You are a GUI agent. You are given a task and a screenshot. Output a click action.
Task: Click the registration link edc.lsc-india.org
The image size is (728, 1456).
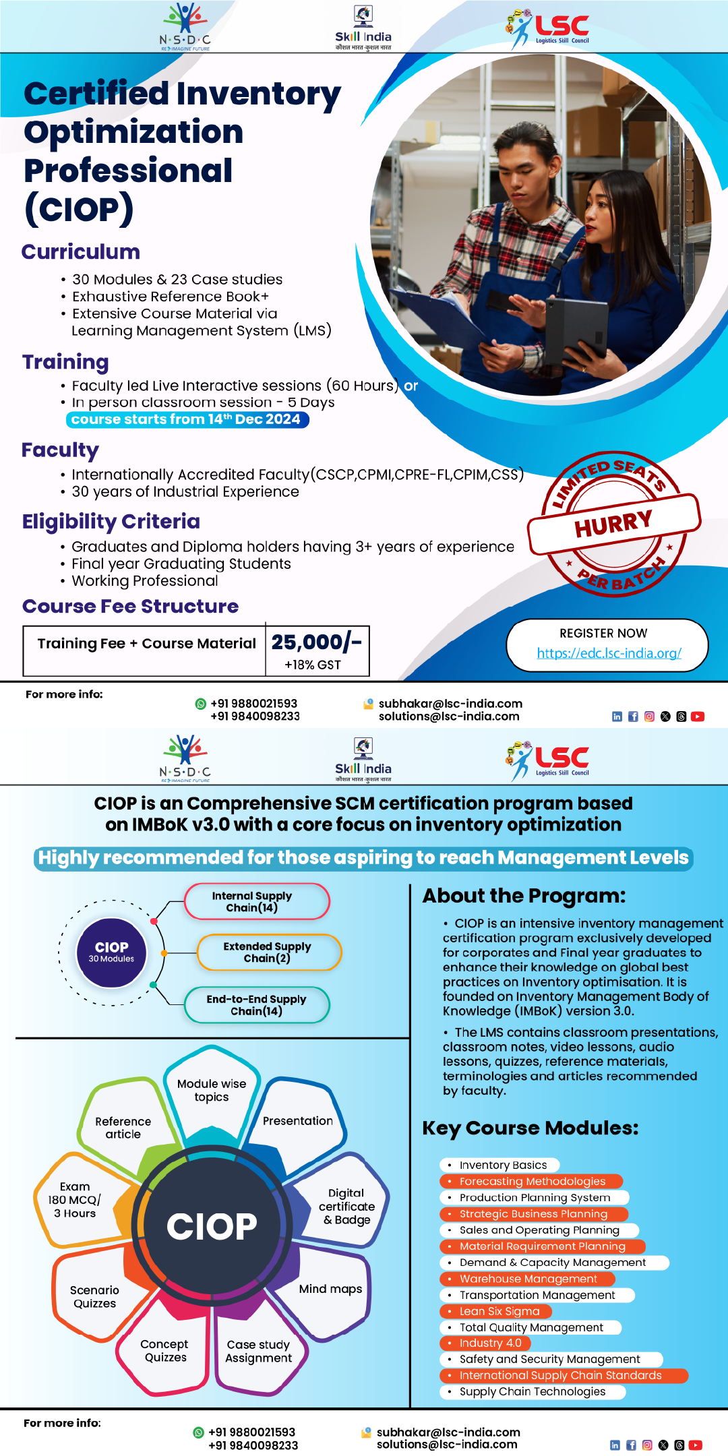(x=609, y=653)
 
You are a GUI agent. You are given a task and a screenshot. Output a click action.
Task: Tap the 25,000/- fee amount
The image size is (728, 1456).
(x=316, y=642)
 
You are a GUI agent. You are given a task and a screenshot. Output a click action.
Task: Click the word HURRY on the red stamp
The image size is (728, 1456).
(x=613, y=524)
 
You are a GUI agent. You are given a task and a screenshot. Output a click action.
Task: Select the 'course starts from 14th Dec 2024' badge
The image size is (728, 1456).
(x=187, y=419)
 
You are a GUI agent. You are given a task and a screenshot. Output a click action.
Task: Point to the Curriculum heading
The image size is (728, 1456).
(x=81, y=252)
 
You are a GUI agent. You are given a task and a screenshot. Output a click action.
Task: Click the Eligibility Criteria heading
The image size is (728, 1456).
(x=111, y=522)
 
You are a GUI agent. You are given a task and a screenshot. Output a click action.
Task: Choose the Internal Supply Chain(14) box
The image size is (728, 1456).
(x=257, y=901)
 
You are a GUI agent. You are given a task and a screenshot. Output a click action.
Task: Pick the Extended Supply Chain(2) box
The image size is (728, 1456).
(x=269, y=952)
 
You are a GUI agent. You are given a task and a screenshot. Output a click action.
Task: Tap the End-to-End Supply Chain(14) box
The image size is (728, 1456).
(x=257, y=1005)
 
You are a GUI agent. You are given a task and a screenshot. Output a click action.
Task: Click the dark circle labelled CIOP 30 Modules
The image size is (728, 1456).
(x=111, y=952)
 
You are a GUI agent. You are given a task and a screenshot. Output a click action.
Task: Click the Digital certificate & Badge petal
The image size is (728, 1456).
(x=346, y=1207)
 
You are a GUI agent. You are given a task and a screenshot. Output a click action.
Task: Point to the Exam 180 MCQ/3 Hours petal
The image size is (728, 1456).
(x=75, y=1200)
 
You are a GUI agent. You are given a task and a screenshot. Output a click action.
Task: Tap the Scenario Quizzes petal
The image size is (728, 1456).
(x=94, y=1296)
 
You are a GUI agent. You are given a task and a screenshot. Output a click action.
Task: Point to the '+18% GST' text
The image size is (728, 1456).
(x=313, y=665)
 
